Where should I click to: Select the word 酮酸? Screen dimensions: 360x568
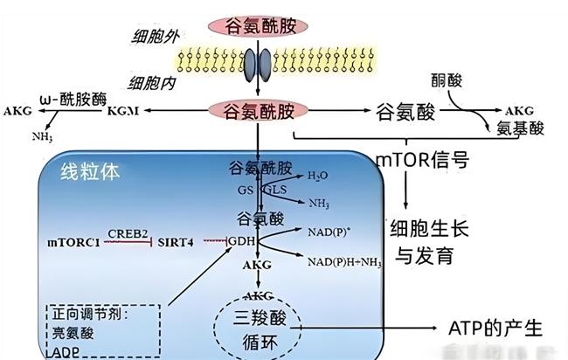pos(446,80)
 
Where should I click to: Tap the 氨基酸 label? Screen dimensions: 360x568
pos(520,128)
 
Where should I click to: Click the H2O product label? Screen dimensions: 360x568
pos(319,176)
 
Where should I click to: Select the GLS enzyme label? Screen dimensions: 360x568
pos(276,189)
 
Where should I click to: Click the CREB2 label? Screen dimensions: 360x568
pos(127,233)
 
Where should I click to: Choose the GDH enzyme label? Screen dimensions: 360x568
pos(244,240)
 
